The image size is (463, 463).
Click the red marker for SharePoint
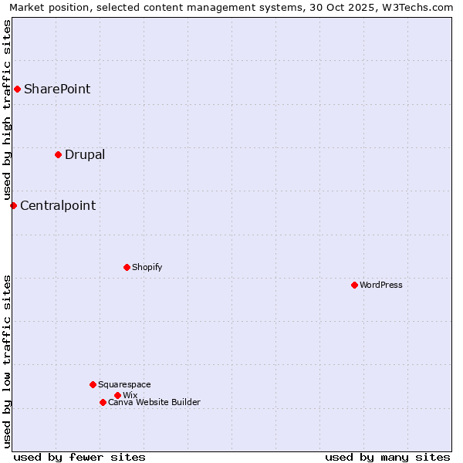pyautogui.click(x=17, y=89)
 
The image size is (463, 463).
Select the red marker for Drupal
pyautogui.click(x=58, y=154)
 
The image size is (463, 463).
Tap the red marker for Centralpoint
pyautogui.click(x=13, y=205)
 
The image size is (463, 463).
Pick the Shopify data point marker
pyautogui.click(x=127, y=267)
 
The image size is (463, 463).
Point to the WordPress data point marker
pyautogui.click(x=354, y=285)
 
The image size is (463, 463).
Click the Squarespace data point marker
pyautogui.click(x=93, y=384)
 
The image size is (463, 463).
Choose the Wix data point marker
pyautogui.click(x=117, y=395)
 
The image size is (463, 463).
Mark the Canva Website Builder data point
pyautogui.click(x=103, y=402)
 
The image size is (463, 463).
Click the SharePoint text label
pyautogui.click(x=57, y=89)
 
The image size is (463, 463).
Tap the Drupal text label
pyautogui.click(x=85, y=154)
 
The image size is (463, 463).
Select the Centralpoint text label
pyautogui.click(x=58, y=205)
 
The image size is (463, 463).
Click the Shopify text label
pyautogui.click(x=147, y=267)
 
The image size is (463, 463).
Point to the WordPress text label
pyautogui.click(x=381, y=285)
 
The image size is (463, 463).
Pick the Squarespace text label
pyautogui.click(x=124, y=384)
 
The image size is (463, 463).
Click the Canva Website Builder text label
pyautogui.click(x=154, y=402)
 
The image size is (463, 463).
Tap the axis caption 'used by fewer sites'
pyautogui.click(x=79, y=457)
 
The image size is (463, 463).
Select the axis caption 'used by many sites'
pyautogui.click(x=387, y=457)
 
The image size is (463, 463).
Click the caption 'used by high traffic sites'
pyautogui.click(x=7, y=110)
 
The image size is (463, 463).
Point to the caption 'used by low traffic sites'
pyautogui.click(x=7, y=360)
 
